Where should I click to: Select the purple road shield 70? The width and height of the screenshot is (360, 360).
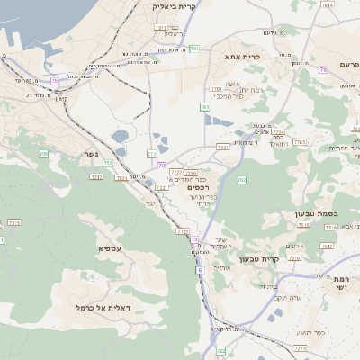(x=162, y=166)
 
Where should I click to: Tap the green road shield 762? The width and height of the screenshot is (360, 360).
(x=241, y=180)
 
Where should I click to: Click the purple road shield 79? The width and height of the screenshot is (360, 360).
(x=322, y=68)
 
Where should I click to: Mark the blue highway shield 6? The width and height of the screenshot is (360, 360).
(x=199, y=269)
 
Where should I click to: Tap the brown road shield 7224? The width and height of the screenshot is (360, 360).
(x=278, y=131)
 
